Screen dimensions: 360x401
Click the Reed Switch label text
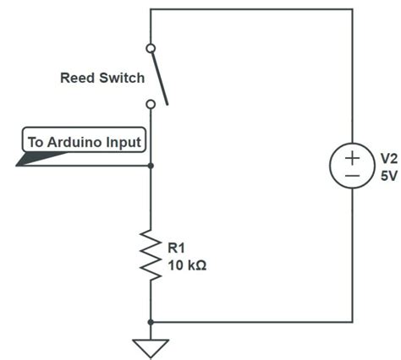[x=102, y=78]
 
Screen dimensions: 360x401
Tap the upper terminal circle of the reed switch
[x=151, y=48]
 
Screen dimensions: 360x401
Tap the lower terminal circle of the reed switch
[x=151, y=104]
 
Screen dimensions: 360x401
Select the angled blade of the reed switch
[x=159, y=76]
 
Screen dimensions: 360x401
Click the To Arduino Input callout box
[x=84, y=141]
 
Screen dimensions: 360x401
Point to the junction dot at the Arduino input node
[x=151, y=165]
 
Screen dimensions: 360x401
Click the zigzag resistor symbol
[x=151, y=254]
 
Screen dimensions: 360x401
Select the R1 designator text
[x=176, y=248]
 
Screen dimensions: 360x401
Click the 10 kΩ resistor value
[x=187, y=265]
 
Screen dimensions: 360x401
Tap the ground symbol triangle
[x=151, y=347]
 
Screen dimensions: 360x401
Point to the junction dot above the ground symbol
[x=151, y=322]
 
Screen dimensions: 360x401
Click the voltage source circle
[x=352, y=166]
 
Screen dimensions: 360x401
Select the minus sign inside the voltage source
[x=352, y=177]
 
